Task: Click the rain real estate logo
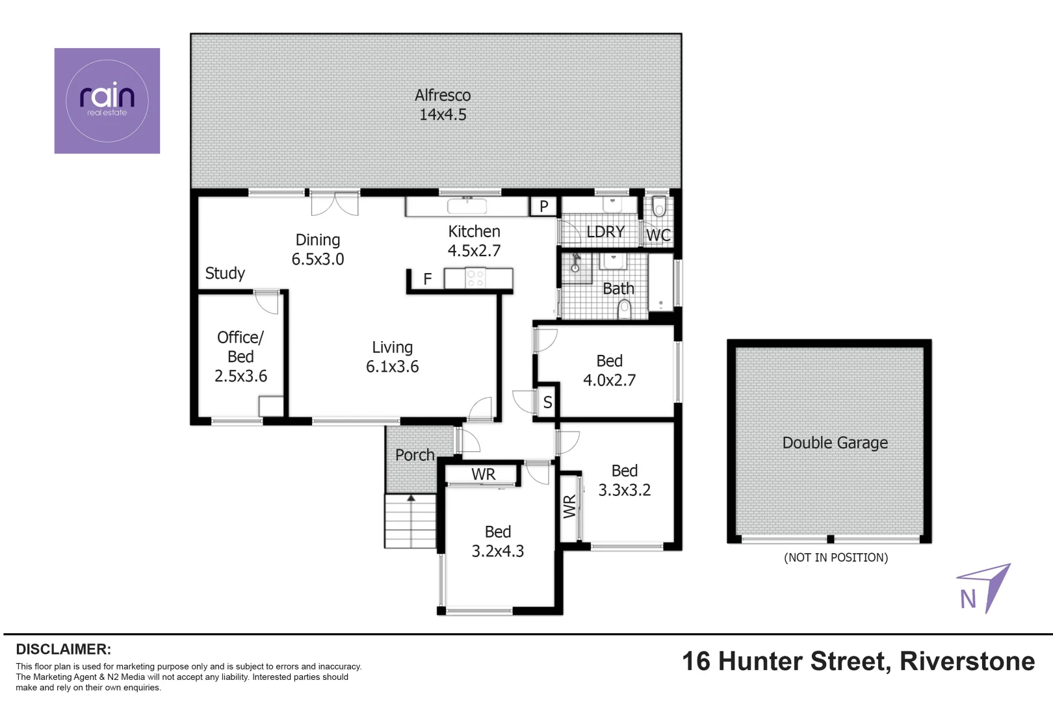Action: click(107, 101)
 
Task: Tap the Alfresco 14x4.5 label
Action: click(443, 105)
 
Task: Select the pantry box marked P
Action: click(544, 207)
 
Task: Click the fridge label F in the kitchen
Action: click(428, 279)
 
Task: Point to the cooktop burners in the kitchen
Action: click(475, 279)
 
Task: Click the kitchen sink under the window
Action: click(467, 206)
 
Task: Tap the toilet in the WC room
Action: click(659, 207)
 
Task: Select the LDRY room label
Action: click(605, 232)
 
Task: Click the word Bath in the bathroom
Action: click(618, 289)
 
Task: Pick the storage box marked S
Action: click(547, 402)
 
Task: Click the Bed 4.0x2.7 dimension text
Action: click(609, 380)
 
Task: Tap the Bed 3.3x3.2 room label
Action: click(624, 480)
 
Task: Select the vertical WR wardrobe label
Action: click(569, 506)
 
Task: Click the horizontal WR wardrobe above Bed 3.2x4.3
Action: click(483, 474)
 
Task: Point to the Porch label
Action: click(415, 455)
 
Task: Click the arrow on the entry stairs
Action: click(411, 499)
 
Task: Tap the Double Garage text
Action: click(835, 443)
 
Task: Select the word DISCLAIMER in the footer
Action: click(63, 649)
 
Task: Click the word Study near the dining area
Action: click(225, 273)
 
